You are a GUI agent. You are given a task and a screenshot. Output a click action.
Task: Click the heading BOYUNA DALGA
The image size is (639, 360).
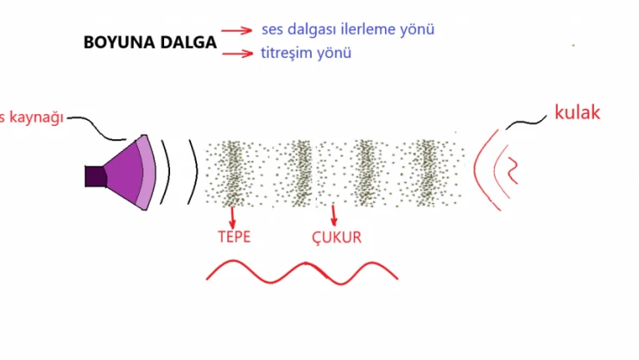coord(149,42)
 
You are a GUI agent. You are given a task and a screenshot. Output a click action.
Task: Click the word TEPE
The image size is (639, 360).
coord(234,237)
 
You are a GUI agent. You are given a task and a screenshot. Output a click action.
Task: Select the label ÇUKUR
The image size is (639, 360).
coord(336,237)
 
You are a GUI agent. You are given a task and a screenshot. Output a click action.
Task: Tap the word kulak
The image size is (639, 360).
coord(578,112)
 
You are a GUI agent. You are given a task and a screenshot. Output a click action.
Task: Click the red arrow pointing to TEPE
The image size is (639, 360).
coord(231,216)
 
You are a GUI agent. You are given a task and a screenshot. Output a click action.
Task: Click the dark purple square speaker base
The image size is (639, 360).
coord(95,175)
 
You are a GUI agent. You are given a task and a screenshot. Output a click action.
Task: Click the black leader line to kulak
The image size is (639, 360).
coord(526,124)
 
